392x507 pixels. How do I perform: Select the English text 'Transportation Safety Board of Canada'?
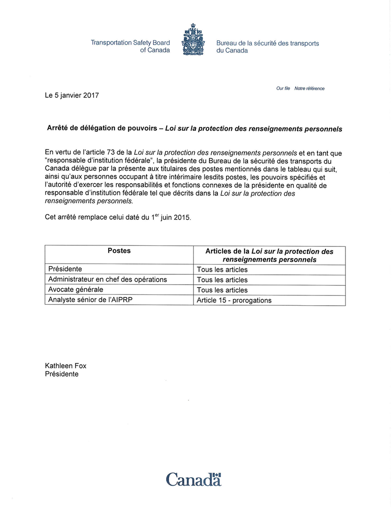point(130,47)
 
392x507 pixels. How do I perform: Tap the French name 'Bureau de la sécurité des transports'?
point(268,43)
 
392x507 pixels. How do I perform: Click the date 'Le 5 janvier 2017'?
point(72,96)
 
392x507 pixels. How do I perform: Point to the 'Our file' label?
point(283,89)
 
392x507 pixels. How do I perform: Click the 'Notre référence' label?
point(309,89)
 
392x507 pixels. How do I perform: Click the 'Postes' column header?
point(119,251)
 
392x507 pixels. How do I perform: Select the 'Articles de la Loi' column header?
point(269,255)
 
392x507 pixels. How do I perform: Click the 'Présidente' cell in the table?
point(65,269)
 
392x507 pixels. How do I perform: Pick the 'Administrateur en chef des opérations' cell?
point(108,280)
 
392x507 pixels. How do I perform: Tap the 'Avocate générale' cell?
point(75,290)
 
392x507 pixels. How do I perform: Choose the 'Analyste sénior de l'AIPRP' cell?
point(91,300)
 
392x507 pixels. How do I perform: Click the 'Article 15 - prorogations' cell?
point(234,301)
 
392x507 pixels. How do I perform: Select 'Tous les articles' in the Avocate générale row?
point(222,290)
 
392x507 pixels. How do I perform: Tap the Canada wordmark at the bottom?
point(194,478)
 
